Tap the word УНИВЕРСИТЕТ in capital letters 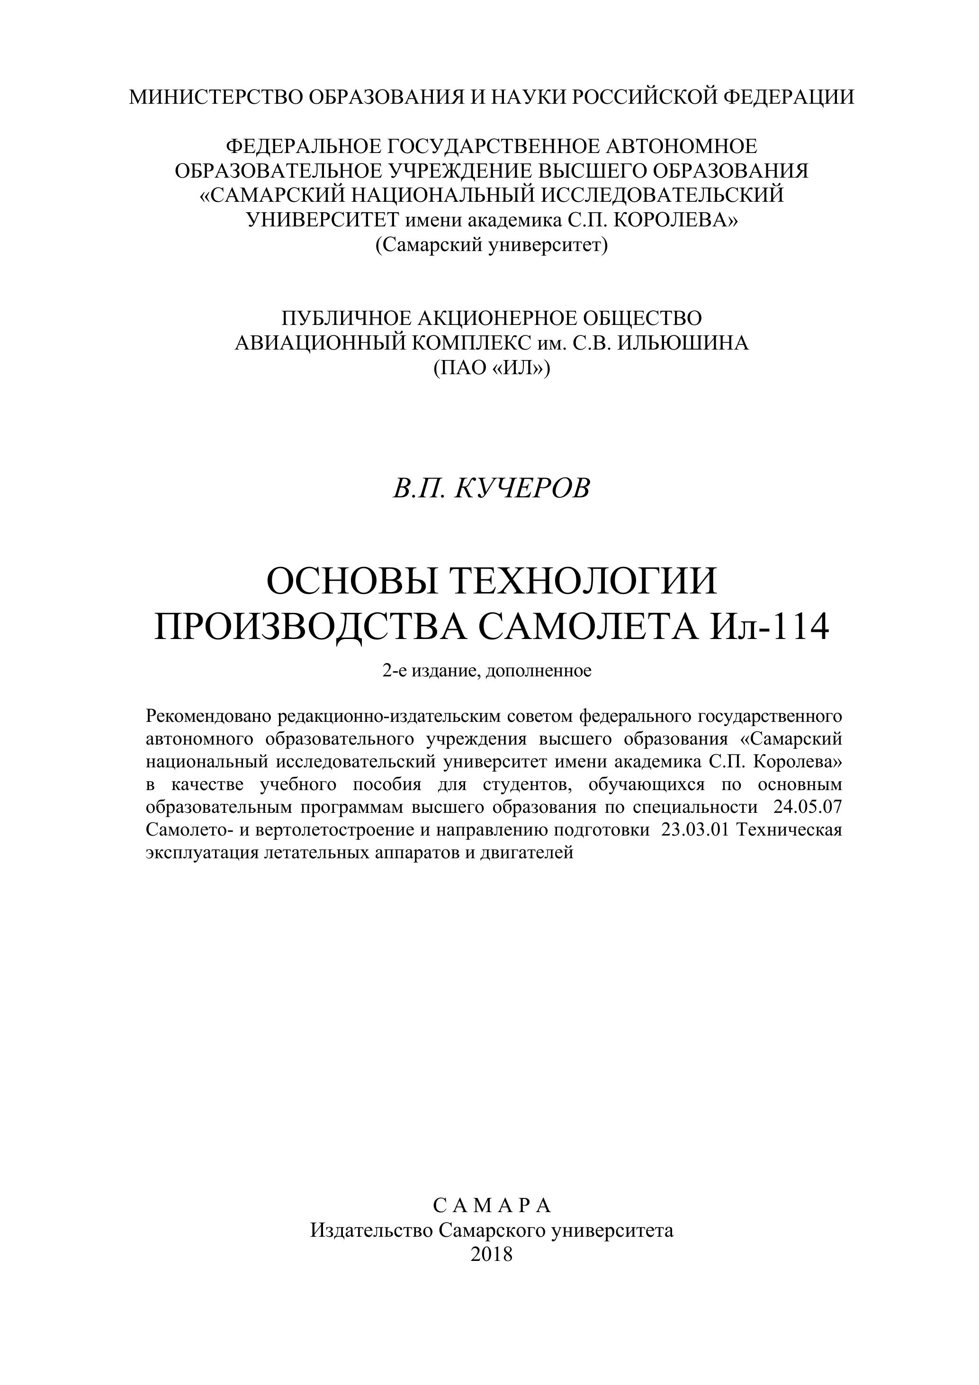323,220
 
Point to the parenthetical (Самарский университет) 491,245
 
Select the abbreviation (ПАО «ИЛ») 491,368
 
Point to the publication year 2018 491,1255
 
